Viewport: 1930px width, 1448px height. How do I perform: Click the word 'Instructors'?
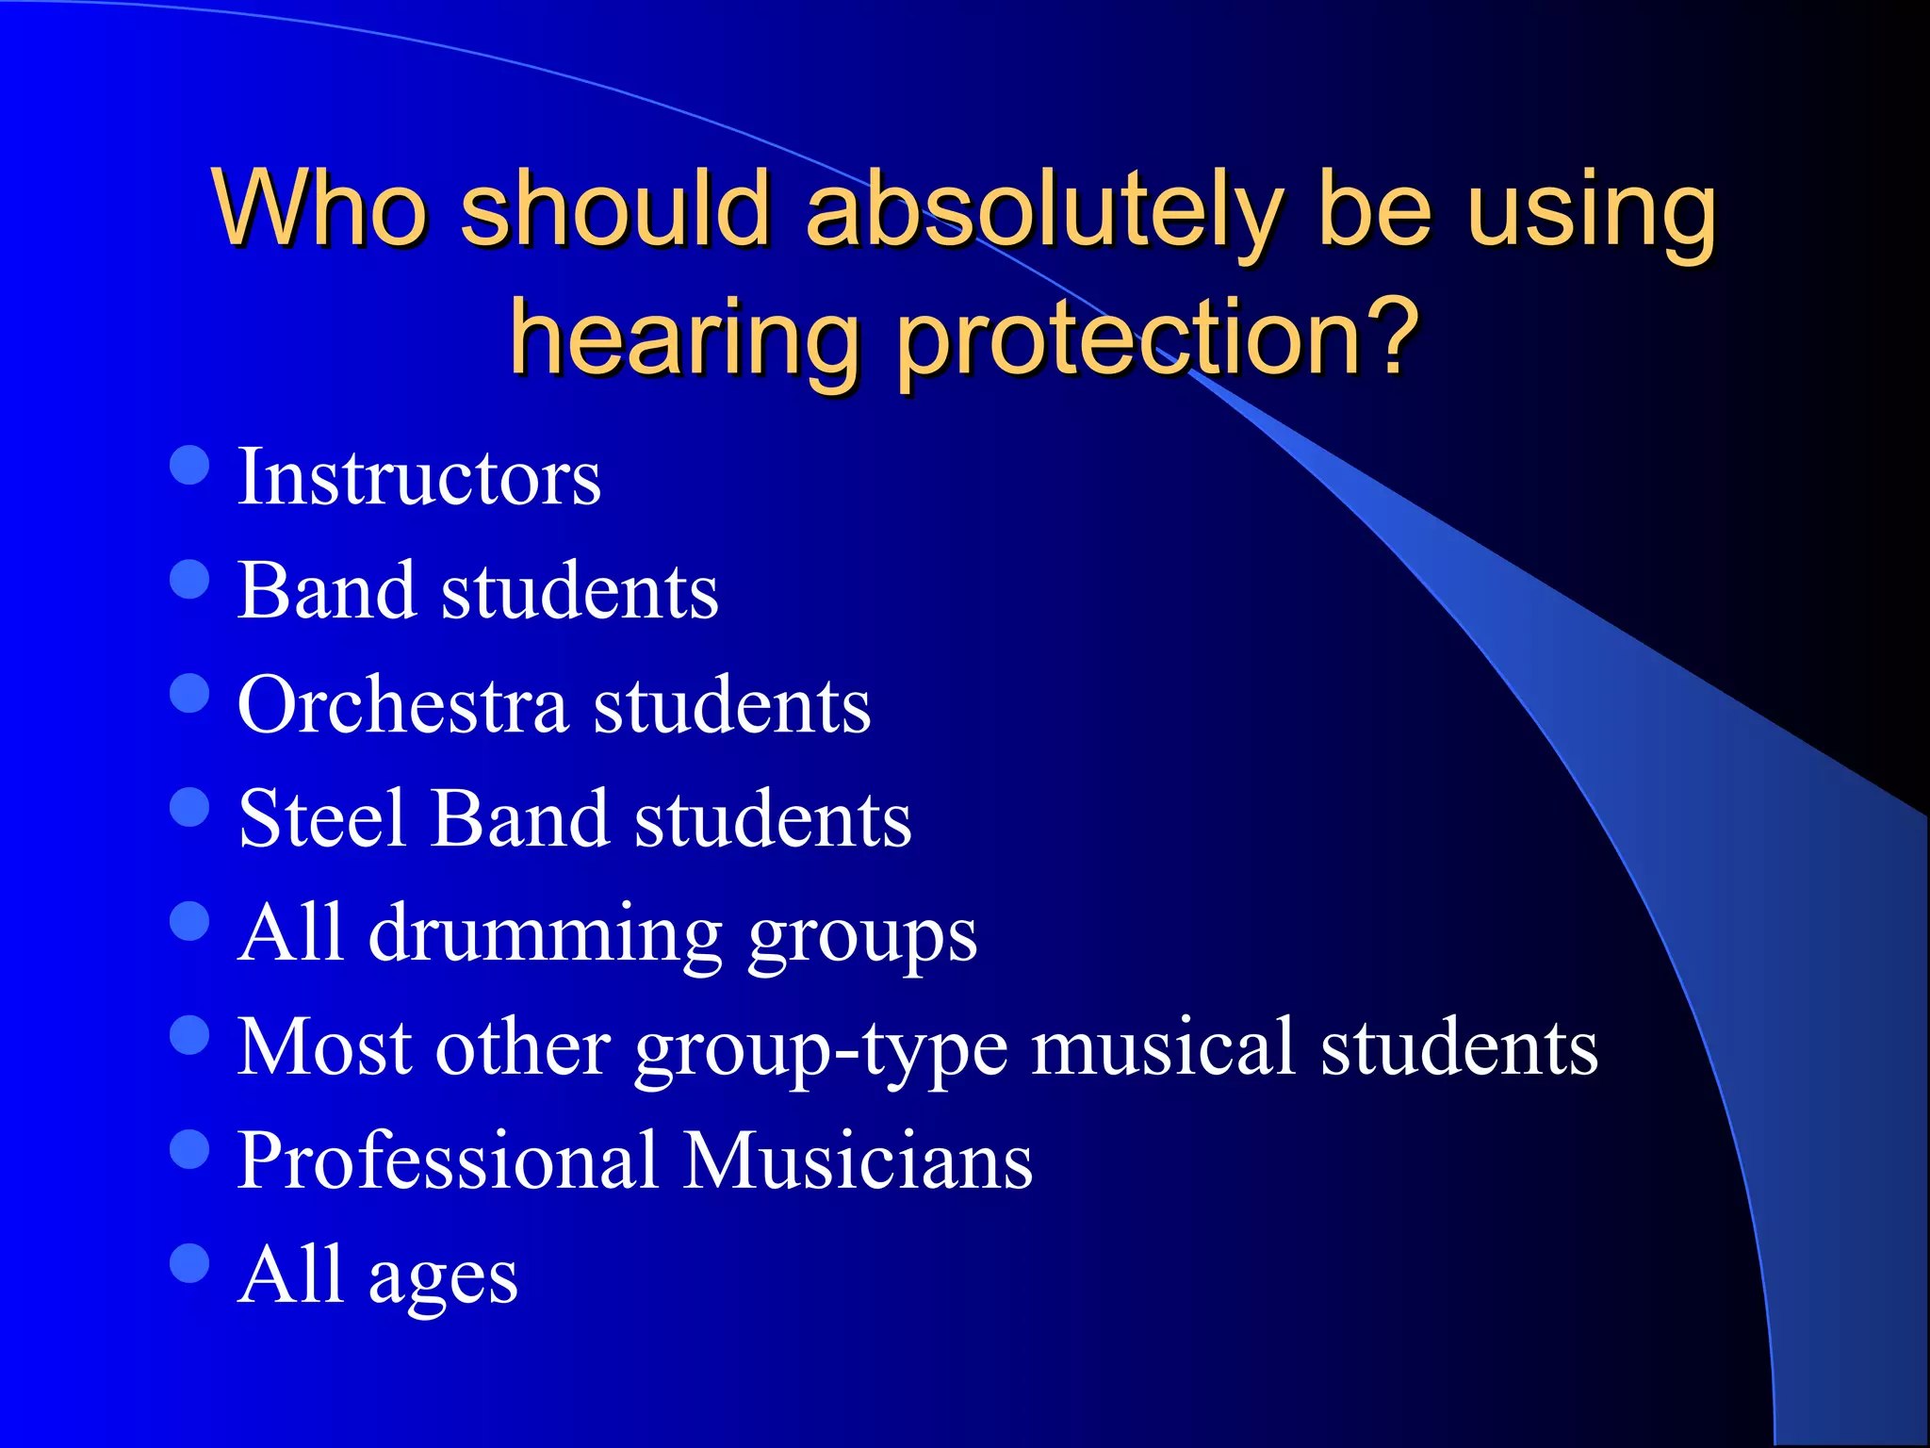click(x=418, y=477)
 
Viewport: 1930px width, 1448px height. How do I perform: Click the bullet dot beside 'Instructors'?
click(x=189, y=465)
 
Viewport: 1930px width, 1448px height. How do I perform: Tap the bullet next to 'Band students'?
click(x=189, y=580)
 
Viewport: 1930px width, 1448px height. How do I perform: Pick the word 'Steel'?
click(x=323, y=818)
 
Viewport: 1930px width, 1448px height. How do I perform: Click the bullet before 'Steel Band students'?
click(x=189, y=807)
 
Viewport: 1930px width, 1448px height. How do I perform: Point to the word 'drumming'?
click(x=546, y=934)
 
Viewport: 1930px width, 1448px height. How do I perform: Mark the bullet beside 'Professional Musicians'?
click(x=189, y=1149)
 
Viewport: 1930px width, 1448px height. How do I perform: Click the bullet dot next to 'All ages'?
click(x=189, y=1263)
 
